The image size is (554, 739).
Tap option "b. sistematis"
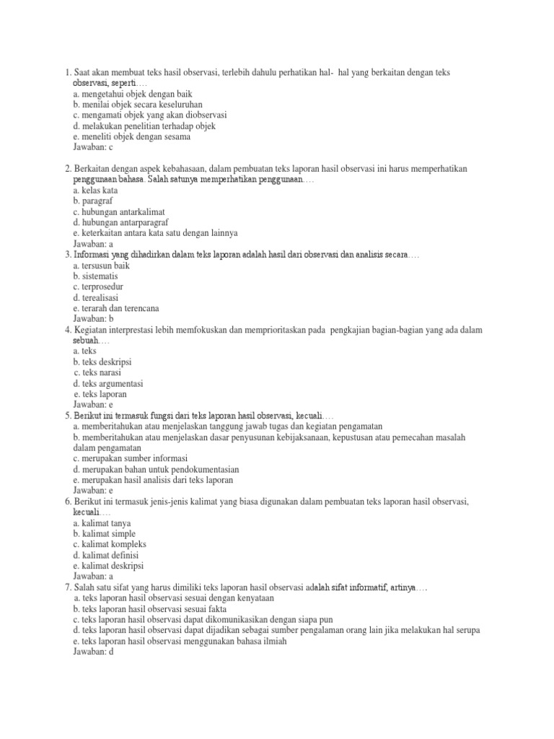96,276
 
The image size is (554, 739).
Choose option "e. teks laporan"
100,394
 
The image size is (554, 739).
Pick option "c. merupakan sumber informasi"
131,458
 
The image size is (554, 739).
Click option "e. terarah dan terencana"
118,307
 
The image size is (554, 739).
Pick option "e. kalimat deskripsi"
110,566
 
